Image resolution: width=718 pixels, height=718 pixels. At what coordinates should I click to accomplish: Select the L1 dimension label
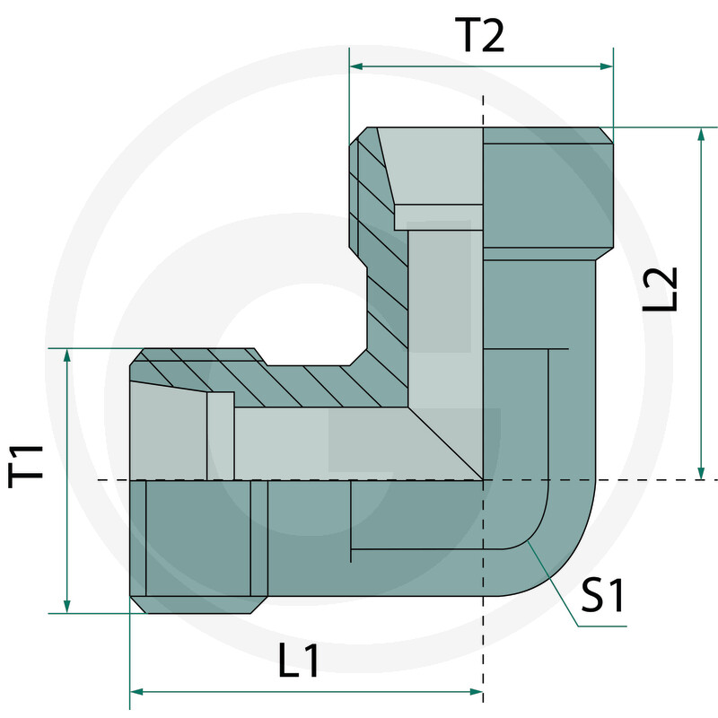pos(299,662)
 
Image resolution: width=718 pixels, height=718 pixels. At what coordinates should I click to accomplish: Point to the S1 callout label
pos(602,595)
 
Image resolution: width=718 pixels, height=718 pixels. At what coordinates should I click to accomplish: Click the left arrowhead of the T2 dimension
pos(355,66)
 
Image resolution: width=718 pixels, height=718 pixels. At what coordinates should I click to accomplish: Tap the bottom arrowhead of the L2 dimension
pos(701,473)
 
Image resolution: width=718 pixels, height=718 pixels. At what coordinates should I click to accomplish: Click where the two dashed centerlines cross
pos(483,480)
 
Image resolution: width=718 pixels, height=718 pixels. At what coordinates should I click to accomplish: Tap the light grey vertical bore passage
pos(440,296)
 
